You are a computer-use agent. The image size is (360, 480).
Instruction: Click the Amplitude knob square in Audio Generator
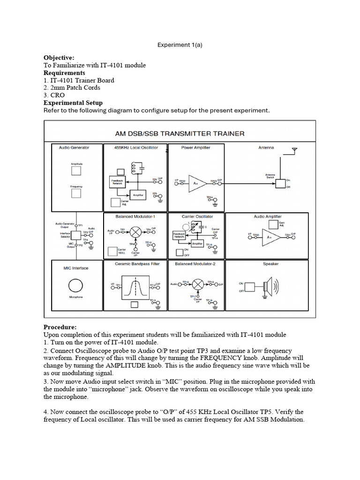tap(76, 171)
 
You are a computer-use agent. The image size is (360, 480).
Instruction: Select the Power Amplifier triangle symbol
tap(196, 183)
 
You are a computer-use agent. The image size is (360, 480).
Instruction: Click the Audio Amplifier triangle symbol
tap(271, 237)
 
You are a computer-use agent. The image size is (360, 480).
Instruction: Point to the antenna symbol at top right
tap(294, 151)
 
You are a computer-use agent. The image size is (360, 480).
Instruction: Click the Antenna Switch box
tap(280, 183)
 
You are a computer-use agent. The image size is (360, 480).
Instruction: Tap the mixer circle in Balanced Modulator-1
tap(136, 232)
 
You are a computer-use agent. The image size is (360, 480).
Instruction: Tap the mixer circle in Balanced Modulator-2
tap(198, 284)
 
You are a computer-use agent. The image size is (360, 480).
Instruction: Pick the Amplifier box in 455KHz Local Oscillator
tap(138, 194)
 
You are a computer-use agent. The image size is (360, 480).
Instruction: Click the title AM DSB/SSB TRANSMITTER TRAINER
tap(180, 134)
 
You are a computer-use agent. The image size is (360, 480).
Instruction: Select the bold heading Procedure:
tap(60, 327)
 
